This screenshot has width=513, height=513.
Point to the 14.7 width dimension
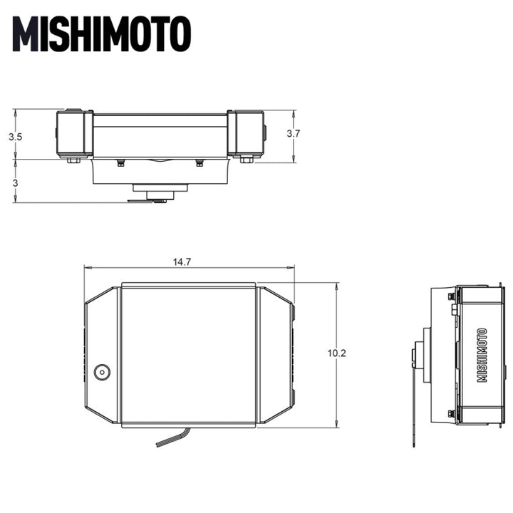pyautogui.click(x=182, y=261)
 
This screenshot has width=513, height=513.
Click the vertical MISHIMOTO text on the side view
pyautogui.click(x=482, y=355)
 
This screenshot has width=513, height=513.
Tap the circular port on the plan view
pyautogui.click(x=103, y=371)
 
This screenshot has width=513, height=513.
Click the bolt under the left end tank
pyautogui.click(x=73, y=160)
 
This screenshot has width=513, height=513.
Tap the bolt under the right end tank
pyautogui.click(x=247, y=160)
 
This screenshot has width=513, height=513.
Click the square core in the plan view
pyautogui.click(x=188, y=355)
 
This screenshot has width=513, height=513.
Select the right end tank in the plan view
pyautogui.click(x=276, y=355)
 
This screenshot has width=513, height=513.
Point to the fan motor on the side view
pyautogui.click(x=426, y=355)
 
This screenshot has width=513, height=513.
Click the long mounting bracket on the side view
pyautogui.click(x=414, y=399)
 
